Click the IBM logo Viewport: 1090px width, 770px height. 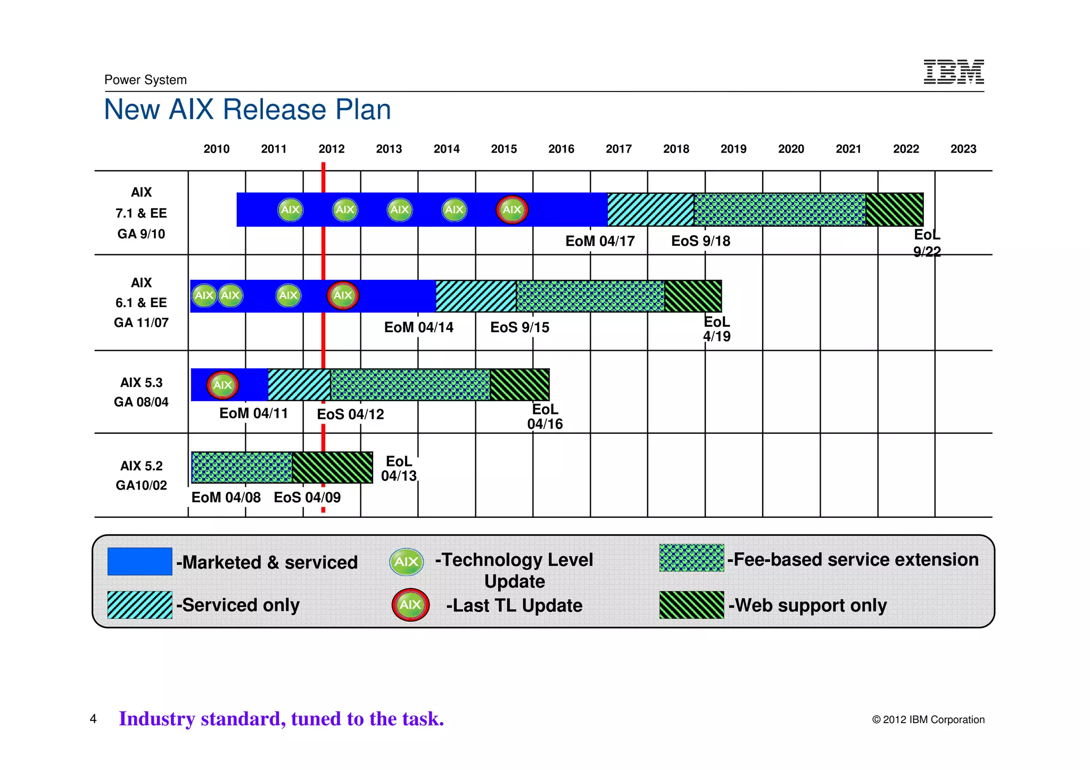[953, 72]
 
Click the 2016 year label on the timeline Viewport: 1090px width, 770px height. [561, 149]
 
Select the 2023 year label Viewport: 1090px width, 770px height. [963, 149]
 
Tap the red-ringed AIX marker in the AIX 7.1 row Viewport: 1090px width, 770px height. [511, 210]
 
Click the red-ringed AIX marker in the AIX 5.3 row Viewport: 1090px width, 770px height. [222, 385]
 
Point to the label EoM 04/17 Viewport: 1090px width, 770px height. [600, 241]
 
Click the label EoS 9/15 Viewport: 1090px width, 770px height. [519, 327]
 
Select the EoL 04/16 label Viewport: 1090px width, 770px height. [544, 417]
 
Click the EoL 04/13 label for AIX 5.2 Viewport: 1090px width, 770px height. [399, 468]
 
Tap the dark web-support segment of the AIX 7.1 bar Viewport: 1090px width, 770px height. [894, 210]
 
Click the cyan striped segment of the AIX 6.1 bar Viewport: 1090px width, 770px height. [476, 296]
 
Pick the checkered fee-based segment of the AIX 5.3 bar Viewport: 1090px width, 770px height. [410, 385]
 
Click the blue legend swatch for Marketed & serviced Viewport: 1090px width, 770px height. [139, 561]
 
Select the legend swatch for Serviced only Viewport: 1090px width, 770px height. [139, 605]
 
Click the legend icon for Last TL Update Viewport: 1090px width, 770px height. [410, 605]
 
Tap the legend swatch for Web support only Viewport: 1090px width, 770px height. [691, 605]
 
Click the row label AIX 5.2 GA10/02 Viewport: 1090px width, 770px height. [141, 475]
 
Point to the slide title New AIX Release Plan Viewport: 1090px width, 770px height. [247, 110]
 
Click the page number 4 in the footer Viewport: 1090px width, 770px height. [93, 719]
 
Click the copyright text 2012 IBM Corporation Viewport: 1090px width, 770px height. [928, 719]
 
